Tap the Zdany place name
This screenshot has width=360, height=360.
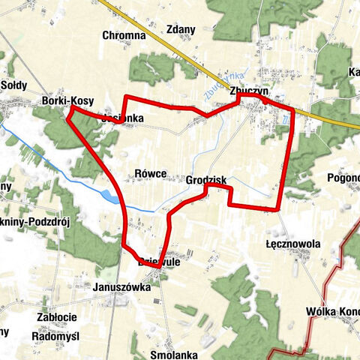click(182, 30)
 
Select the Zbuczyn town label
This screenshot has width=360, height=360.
click(250, 91)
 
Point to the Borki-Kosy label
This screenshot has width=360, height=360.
click(67, 100)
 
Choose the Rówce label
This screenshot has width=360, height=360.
click(151, 172)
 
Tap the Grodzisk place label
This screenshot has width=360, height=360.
click(206, 181)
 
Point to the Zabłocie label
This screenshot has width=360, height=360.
click(55, 317)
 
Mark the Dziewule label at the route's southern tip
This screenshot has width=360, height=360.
click(157, 263)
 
